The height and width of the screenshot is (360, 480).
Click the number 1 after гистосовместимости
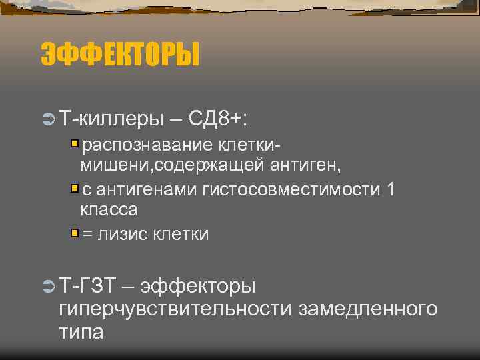tap(391, 190)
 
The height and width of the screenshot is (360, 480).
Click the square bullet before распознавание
tap(75, 143)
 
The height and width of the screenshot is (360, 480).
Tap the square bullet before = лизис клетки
tap(75, 233)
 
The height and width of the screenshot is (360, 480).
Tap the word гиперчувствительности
tap(176, 309)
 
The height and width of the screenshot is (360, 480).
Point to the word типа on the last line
tap(81, 331)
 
